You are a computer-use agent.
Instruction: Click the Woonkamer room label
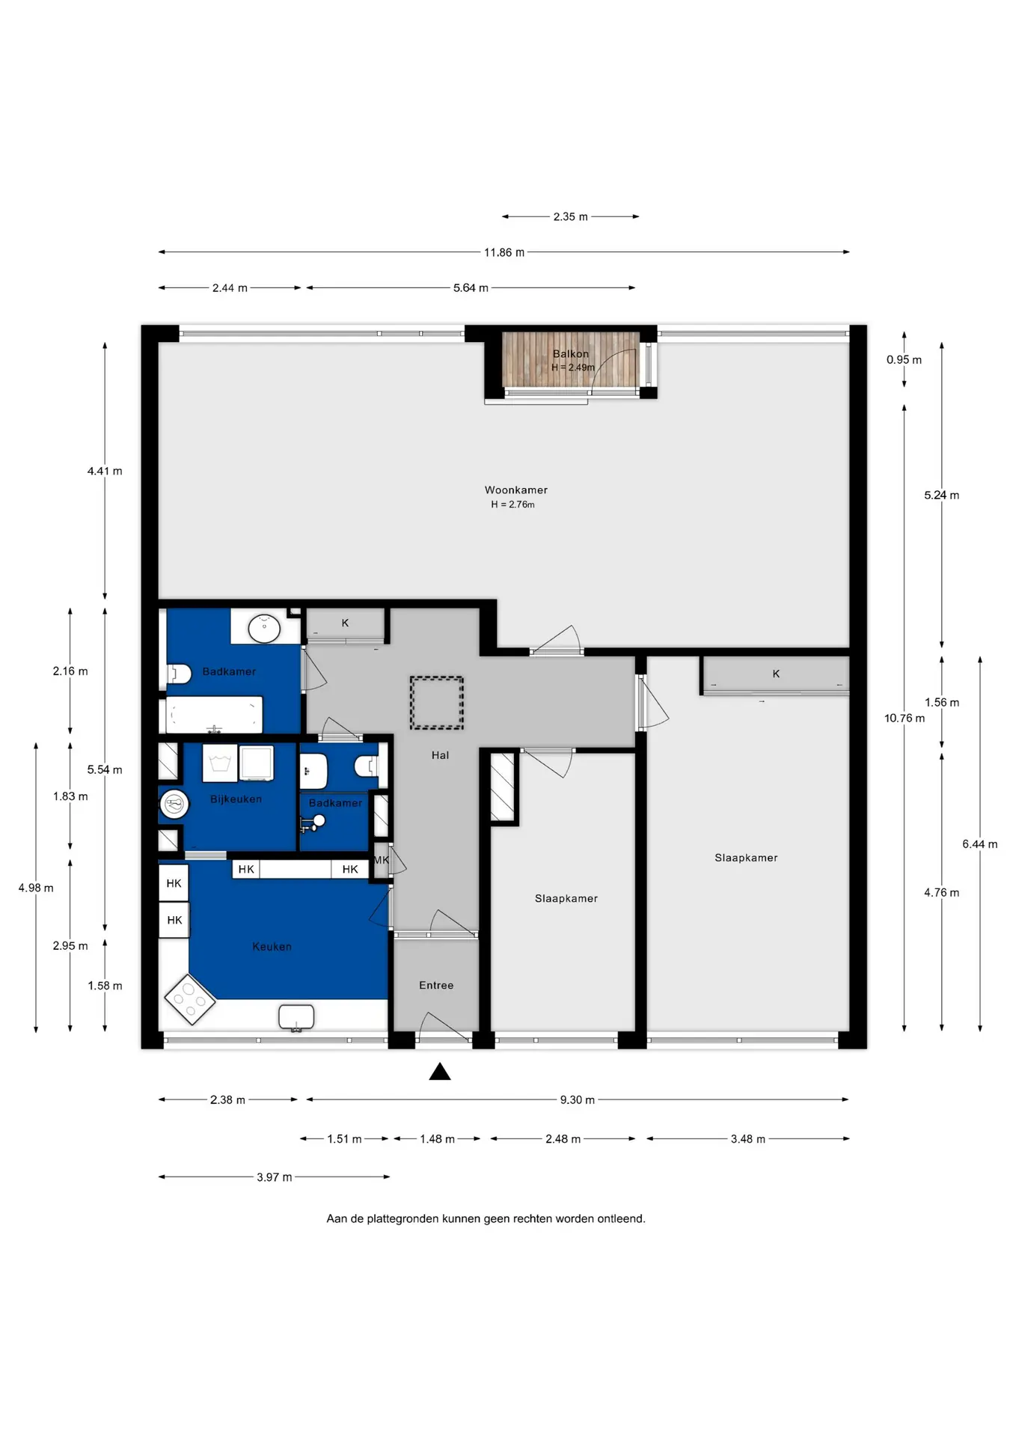[515, 490]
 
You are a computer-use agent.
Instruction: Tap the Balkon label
[570, 354]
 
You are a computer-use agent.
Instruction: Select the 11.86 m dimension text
[504, 252]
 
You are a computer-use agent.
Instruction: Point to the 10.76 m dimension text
[904, 718]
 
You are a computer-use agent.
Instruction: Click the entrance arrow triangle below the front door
[440, 1072]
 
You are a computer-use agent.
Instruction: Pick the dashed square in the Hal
[436, 702]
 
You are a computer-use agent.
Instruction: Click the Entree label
[436, 986]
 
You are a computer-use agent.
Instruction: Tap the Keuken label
[272, 947]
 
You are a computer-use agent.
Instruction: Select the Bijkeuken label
[236, 799]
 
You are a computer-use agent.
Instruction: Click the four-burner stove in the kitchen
[189, 1000]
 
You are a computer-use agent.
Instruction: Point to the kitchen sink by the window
[296, 1018]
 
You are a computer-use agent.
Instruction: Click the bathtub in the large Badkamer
[214, 715]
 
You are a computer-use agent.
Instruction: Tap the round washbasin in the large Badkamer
[264, 629]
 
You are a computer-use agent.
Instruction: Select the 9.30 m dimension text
[577, 1099]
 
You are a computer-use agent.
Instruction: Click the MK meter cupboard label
[381, 860]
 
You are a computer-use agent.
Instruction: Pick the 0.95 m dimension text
[904, 360]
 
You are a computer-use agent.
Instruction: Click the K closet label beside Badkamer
[345, 623]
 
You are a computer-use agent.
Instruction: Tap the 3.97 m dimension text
[274, 1177]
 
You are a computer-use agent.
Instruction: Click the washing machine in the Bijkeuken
[257, 763]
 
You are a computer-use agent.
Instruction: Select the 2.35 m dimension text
[570, 217]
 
